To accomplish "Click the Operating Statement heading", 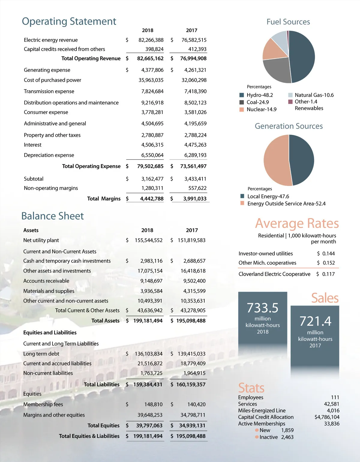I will [69, 22].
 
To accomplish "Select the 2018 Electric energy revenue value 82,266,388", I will [151, 40].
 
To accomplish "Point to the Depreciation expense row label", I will [49, 155].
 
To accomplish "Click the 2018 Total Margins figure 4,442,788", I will [152, 199].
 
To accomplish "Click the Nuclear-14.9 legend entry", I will [261, 109].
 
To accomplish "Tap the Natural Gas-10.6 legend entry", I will [314, 95].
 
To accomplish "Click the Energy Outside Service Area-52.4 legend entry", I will [286, 204].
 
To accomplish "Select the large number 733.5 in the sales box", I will [262, 308].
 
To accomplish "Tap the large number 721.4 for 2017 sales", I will [315, 321].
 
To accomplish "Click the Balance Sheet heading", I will [52, 216].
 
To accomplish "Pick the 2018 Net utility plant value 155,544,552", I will [148, 240].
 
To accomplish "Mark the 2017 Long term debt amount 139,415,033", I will [191, 354].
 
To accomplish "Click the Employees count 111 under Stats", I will [335, 397].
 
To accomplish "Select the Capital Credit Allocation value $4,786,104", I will [327, 417].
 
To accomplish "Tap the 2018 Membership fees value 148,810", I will [153, 404].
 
